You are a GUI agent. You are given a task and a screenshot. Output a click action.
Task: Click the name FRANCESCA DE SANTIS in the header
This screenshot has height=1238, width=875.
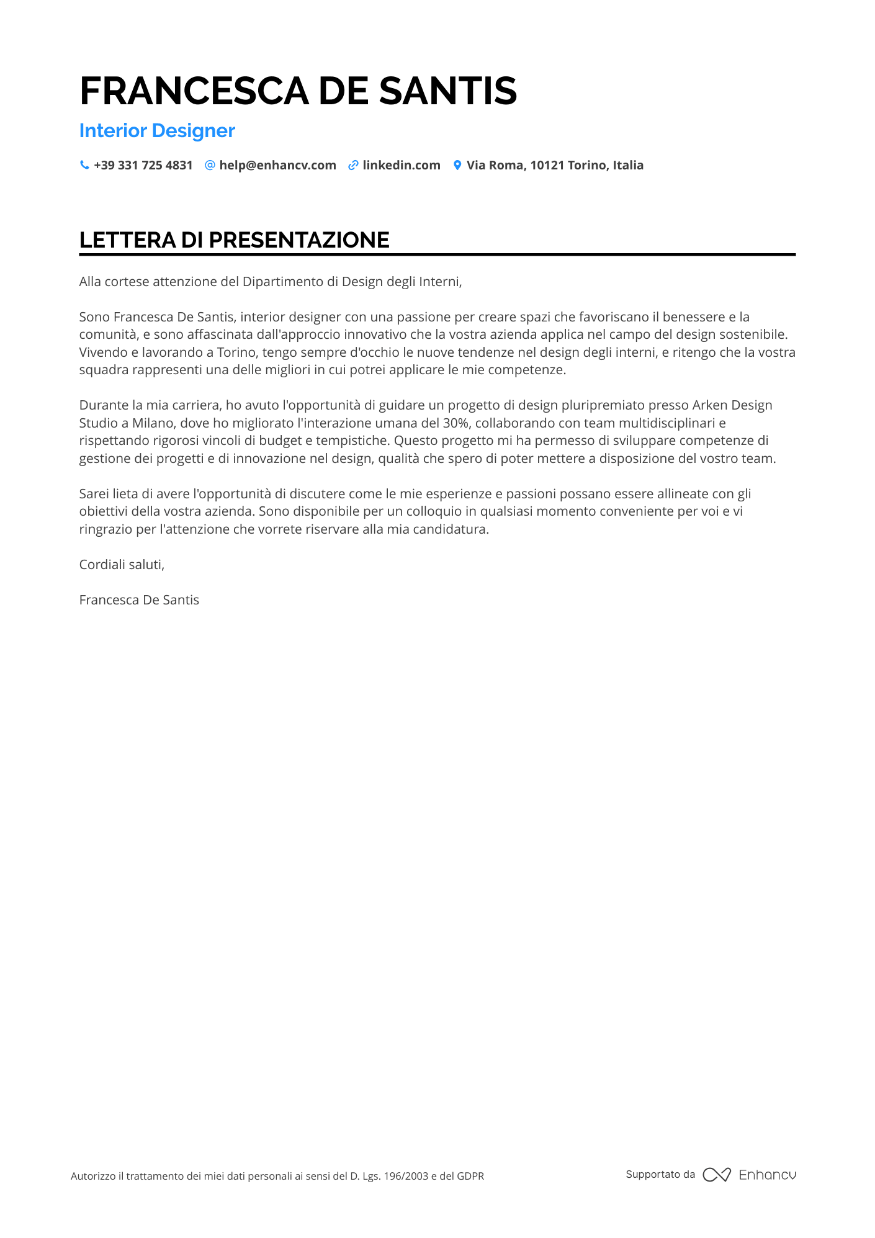click(298, 91)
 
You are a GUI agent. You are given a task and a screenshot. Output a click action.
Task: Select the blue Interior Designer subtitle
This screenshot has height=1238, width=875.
click(157, 131)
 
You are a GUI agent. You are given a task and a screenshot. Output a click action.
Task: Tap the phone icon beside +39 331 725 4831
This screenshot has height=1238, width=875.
click(84, 165)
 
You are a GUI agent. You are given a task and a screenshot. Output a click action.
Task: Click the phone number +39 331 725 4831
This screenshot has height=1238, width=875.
click(143, 166)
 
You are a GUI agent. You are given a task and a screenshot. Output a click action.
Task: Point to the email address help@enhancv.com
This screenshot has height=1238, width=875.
click(277, 166)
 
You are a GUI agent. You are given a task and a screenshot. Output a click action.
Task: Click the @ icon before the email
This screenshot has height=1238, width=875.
click(210, 165)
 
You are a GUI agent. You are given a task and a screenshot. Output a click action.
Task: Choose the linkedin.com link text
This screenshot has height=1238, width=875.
click(402, 166)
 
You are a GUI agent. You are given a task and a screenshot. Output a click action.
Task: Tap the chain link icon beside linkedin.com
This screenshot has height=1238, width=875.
click(353, 165)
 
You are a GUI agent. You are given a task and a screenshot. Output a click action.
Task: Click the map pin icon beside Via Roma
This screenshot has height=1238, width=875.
click(457, 165)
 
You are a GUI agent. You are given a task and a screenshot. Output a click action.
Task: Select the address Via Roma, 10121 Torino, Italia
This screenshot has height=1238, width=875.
click(555, 166)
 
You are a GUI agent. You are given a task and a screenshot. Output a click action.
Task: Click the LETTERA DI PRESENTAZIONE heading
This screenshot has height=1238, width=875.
click(234, 240)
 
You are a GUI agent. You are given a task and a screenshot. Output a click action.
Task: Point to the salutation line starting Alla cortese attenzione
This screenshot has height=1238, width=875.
click(271, 282)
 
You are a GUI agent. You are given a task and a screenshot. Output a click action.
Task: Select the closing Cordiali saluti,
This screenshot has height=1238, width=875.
click(122, 565)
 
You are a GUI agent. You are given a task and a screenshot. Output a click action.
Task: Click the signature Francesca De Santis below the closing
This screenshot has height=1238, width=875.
click(139, 600)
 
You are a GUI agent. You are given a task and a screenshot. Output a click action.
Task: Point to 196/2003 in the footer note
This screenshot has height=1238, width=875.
click(406, 1176)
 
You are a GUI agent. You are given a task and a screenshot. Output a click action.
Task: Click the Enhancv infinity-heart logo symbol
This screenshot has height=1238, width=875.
click(717, 1175)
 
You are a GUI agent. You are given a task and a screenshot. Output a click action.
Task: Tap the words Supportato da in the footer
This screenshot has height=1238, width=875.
click(660, 1175)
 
